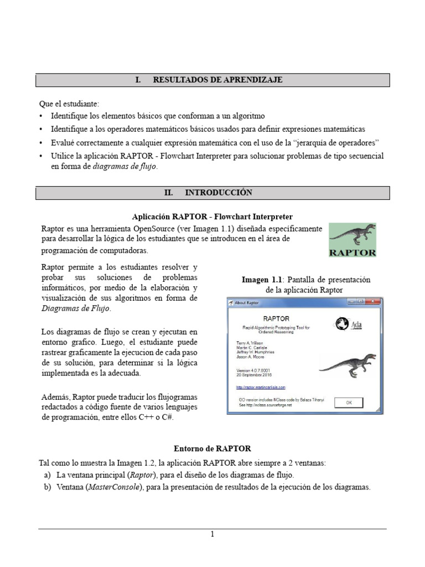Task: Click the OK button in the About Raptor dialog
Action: click(x=349, y=403)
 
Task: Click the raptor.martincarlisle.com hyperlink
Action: click(x=261, y=387)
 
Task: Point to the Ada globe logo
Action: click(x=342, y=324)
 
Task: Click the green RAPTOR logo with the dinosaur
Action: click(x=353, y=240)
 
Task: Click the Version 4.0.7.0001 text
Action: click(x=256, y=370)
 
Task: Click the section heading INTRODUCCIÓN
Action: click(x=218, y=193)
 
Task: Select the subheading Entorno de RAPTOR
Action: click(x=212, y=448)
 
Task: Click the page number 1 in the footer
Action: click(x=212, y=534)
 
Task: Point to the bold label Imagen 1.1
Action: click(x=262, y=280)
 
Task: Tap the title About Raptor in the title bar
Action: click(x=247, y=303)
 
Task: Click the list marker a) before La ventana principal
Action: click(x=47, y=475)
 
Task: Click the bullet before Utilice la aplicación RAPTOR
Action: click(x=43, y=156)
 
